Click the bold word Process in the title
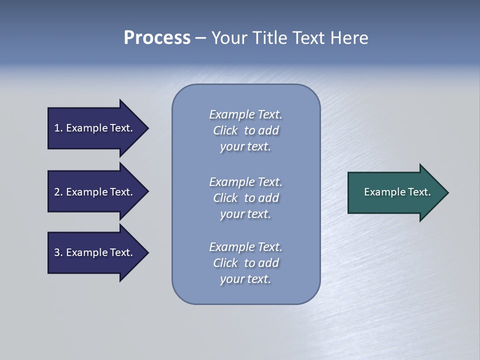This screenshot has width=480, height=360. pos(157,38)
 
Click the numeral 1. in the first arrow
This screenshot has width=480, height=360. pos(58,128)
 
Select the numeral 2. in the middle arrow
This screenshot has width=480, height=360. pos(58,192)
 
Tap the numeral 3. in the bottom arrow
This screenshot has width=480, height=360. pos(58,252)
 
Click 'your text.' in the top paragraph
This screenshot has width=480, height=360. pos(245,147)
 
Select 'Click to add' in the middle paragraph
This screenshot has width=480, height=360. pos(245,198)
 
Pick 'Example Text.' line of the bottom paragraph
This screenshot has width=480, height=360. pos(245,247)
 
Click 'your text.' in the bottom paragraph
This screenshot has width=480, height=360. pos(245,279)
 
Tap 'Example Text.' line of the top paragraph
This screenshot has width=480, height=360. pos(245,114)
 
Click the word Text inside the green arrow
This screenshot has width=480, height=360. pos(419,192)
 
